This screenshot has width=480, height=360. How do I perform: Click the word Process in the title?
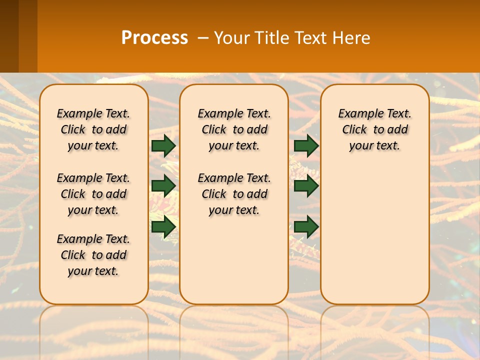[154, 38]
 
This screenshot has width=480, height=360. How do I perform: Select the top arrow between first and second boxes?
[163, 145]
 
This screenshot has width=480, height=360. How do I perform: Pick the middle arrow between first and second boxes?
[163, 186]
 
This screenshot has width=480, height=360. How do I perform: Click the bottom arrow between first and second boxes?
[163, 226]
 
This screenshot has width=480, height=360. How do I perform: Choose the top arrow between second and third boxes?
[306, 145]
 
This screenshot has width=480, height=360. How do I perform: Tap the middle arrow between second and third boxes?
[306, 186]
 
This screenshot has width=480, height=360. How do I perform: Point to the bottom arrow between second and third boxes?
[306, 226]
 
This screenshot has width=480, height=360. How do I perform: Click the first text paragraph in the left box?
[93, 129]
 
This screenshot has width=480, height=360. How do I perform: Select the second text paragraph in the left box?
[93, 194]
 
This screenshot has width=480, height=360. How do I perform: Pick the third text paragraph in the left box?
[93, 255]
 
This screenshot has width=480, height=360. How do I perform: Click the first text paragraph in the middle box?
[234, 129]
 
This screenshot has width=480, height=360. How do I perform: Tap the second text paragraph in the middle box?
[234, 194]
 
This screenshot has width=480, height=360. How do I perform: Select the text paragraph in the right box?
[374, 129]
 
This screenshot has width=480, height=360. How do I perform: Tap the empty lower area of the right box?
[374, 235]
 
